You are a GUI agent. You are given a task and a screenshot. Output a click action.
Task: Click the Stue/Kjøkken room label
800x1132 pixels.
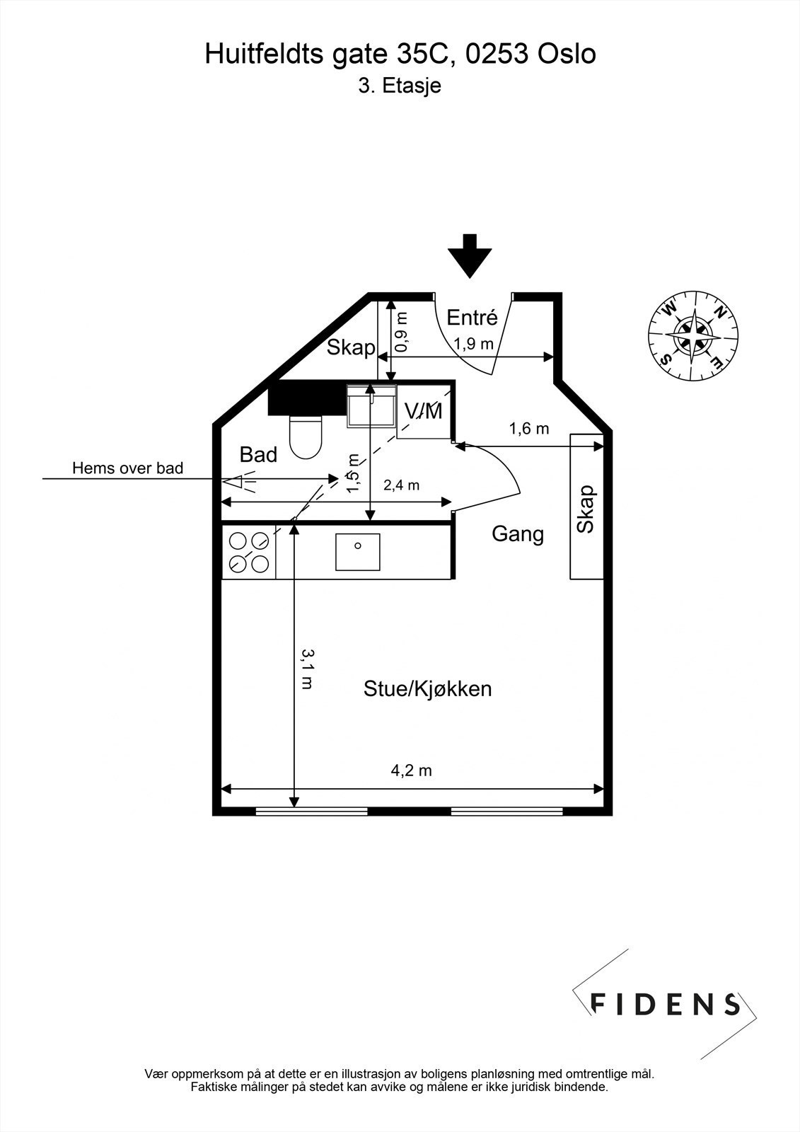[427, 688]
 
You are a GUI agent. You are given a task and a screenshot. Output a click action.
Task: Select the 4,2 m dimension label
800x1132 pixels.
[411, 770]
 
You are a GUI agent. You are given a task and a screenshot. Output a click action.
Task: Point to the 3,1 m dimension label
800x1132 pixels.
[307, 669]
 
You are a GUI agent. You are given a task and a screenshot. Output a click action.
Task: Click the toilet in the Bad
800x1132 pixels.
[306, 437]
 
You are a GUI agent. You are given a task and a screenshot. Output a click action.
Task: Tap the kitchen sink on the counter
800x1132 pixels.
[357, 552]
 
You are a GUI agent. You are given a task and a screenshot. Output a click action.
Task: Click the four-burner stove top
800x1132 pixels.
[249, 553]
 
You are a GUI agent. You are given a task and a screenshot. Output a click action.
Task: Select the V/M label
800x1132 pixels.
[423, 411]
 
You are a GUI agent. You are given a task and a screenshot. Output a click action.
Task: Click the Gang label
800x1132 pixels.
[518, 533]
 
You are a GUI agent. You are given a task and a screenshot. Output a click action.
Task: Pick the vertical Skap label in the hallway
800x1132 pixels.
[586, 509]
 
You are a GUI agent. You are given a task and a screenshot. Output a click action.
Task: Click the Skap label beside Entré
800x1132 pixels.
[351, 347]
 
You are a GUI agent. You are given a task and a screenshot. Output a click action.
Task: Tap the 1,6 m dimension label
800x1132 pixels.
[529, 428]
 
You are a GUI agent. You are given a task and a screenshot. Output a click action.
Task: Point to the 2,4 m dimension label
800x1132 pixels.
[401, 485]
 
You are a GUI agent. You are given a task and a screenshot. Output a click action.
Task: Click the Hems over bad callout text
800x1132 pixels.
[127, 468]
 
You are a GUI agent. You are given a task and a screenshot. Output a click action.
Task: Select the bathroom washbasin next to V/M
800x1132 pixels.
[371, 406]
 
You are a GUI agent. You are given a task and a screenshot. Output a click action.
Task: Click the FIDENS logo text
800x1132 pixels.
[665, 1004]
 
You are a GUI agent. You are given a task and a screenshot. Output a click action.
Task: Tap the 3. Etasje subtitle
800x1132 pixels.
[400, 86]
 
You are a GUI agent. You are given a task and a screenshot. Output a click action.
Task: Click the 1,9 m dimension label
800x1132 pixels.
[473, 345]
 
